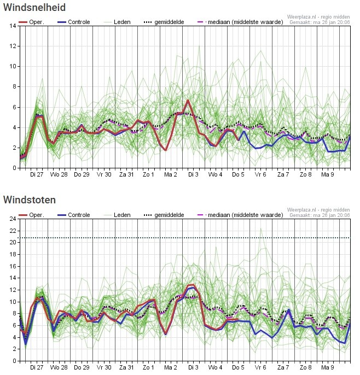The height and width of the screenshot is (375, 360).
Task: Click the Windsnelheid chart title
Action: point(34,8)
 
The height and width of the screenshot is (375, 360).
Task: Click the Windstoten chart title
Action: point(30,200)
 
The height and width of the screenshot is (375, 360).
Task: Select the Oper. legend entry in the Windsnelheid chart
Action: point(32,22)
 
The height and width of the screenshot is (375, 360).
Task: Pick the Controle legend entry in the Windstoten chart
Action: point(74,215)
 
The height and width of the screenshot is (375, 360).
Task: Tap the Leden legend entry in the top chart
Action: point(117,22)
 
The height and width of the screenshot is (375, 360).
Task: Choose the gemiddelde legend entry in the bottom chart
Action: point(164,215)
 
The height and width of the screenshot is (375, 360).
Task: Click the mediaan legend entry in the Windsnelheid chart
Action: point(240,22)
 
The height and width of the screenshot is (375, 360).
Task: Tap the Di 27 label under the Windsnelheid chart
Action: point(37,174)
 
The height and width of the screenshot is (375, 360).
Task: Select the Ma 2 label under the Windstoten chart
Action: point(171,367)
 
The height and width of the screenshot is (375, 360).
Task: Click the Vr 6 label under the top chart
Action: point(260,174)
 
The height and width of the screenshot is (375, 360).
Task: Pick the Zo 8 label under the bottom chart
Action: point(306,367)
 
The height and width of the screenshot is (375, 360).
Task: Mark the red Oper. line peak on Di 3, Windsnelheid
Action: point(188,101)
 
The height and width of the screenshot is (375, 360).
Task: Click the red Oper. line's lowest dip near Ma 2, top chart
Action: point(165,150)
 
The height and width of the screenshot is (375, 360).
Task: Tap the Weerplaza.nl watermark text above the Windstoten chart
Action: point(318,210)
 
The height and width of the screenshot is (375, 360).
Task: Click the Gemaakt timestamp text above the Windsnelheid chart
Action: point(320,22)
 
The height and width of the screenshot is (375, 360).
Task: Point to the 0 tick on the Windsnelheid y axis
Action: point(15,168)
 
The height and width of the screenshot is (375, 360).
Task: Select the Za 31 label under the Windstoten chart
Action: point(126,367)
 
